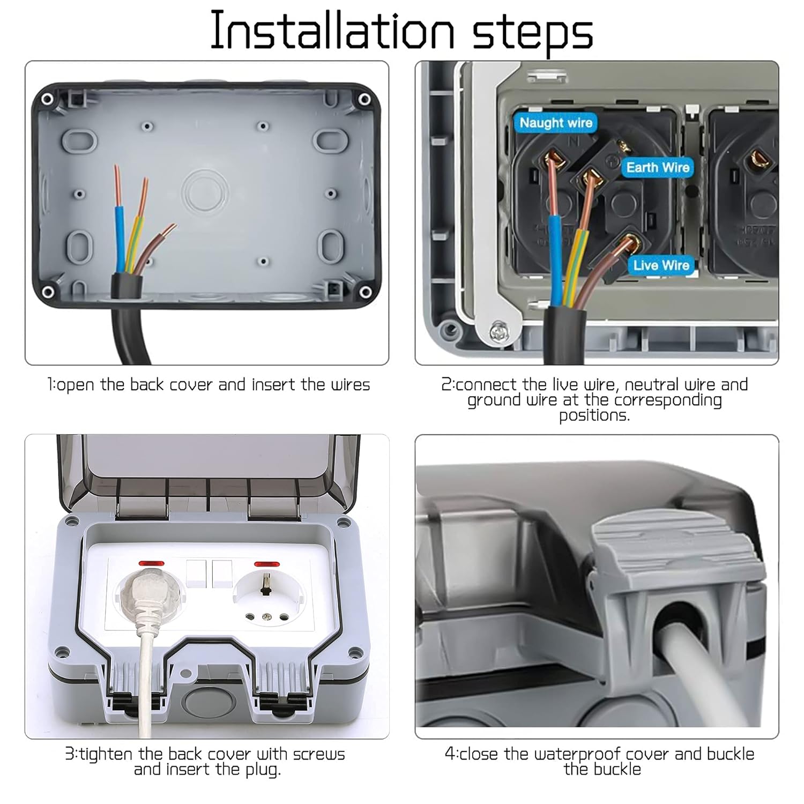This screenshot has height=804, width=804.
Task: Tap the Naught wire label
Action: click(556, 123)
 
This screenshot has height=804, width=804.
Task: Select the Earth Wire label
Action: click(658, 167)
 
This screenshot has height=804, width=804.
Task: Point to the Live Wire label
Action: click(661, 265)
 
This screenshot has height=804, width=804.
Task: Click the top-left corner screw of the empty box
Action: click(47, 99)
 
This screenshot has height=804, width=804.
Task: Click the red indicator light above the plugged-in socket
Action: click(151, 564)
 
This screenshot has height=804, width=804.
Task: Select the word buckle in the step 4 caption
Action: click(621, 770)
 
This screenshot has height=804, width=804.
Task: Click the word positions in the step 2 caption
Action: click(594, 415)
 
